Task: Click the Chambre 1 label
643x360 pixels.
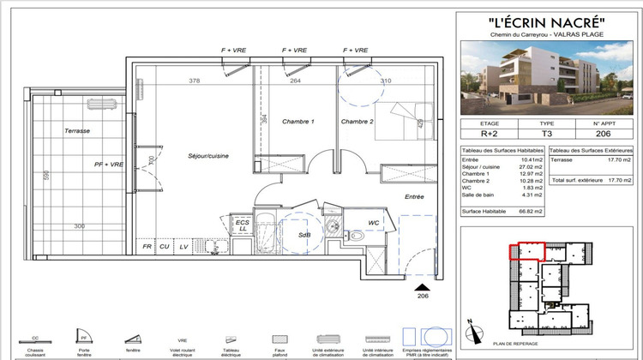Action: [297, 122]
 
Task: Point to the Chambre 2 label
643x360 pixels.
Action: [358, 122]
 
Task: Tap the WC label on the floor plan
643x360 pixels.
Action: [374, 224]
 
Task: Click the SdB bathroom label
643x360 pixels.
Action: [303, 234]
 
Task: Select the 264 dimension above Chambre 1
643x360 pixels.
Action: [294, 81]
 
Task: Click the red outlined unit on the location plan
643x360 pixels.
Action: [526, 250]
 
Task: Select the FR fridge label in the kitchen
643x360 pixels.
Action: [147, 247]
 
